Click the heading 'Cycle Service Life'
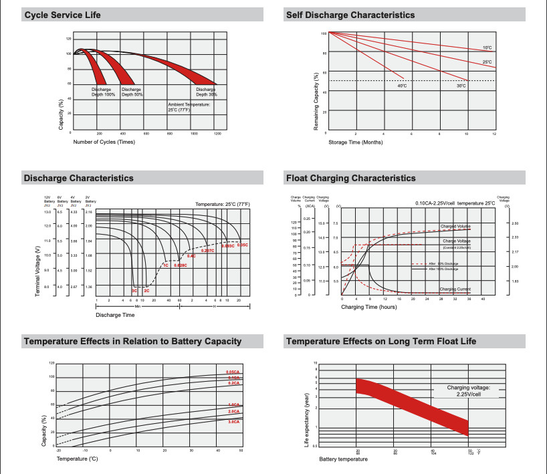(62, 15)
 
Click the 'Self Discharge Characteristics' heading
(350, 15)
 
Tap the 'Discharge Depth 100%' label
(104, 92)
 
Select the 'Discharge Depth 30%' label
(207, 92)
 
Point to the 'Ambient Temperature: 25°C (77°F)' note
(189, 107)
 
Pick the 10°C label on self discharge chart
(487, 47)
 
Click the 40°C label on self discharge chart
(401, 86)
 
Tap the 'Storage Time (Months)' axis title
(356, 142)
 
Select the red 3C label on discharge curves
(134, 291)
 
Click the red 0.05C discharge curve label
(242, 245)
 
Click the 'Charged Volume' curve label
(455, 226)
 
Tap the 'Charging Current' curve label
(455, 289)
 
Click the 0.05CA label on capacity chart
(233, 372)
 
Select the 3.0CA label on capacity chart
(233, 422)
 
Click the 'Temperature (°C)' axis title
(77, 459)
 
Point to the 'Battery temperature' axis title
(343, 459)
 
